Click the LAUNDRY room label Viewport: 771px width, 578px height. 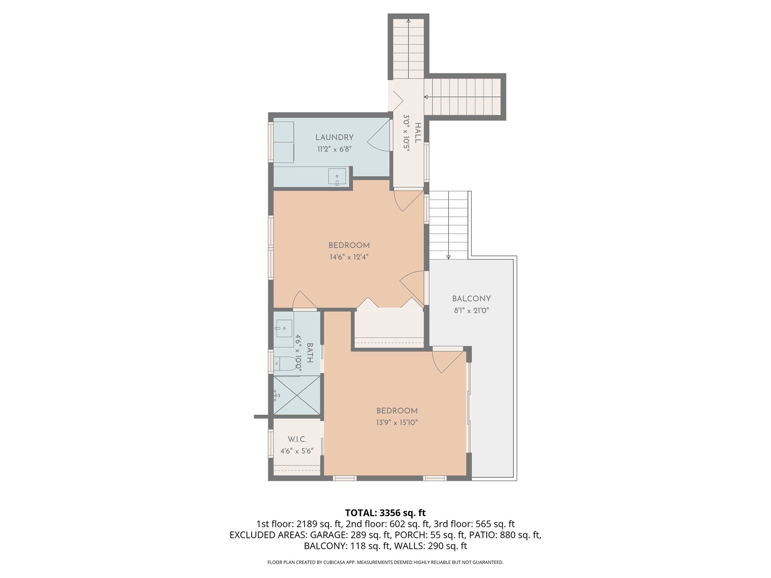(334, 138)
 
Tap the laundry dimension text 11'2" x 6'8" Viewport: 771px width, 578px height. (334, 149)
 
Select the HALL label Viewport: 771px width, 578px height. (418, 133)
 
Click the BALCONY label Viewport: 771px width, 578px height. (471, 299)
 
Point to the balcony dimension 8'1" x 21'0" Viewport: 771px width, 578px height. (471, 310)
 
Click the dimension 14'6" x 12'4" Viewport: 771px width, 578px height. (349, 257)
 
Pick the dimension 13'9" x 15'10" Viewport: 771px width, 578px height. (397, 422)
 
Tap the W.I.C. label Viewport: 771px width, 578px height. (297, 439)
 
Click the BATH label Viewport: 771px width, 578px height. (309, 353)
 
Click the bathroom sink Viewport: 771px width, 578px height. (284, 328)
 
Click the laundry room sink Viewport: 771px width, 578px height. (337, 176)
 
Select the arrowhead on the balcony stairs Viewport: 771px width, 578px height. (449, 257)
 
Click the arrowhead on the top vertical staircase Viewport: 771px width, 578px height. (409, 21)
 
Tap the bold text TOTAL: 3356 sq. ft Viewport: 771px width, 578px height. (385, 513)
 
